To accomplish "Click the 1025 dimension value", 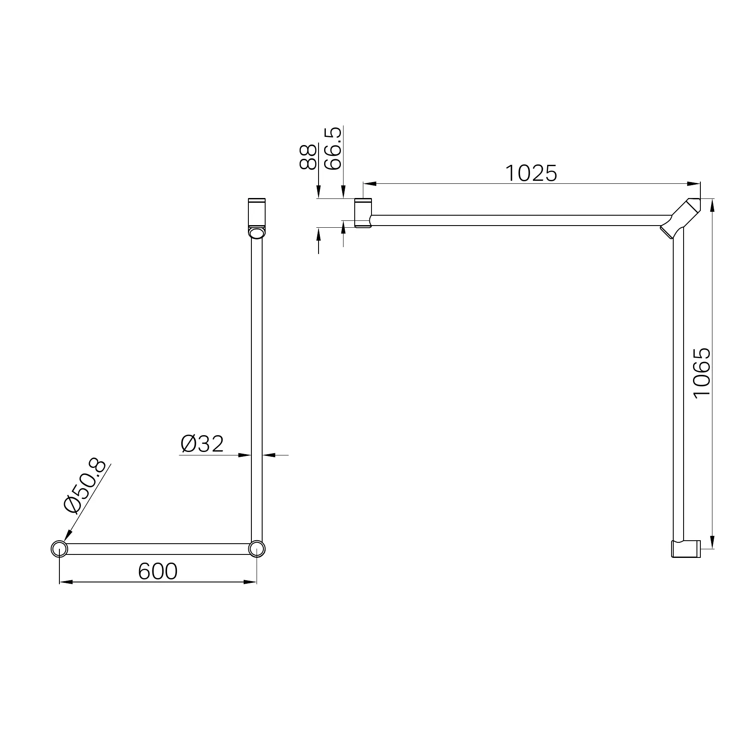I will [530, 173].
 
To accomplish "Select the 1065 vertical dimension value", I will [702, 373].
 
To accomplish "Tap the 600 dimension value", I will [158, 572].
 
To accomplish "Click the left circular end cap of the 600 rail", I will [59, 549].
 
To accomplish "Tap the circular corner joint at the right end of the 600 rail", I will [257, 549].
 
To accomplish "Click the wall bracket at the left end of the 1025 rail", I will [363, 213].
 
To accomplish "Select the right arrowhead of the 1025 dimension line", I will [694, 184].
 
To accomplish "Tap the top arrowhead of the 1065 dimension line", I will [712, 205].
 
